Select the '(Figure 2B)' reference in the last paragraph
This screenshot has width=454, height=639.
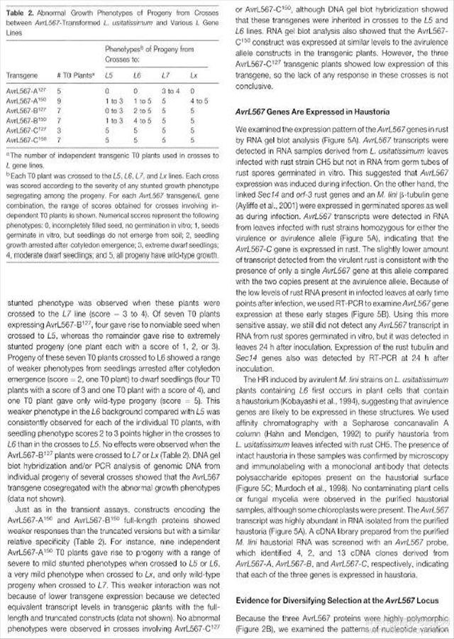255,629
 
